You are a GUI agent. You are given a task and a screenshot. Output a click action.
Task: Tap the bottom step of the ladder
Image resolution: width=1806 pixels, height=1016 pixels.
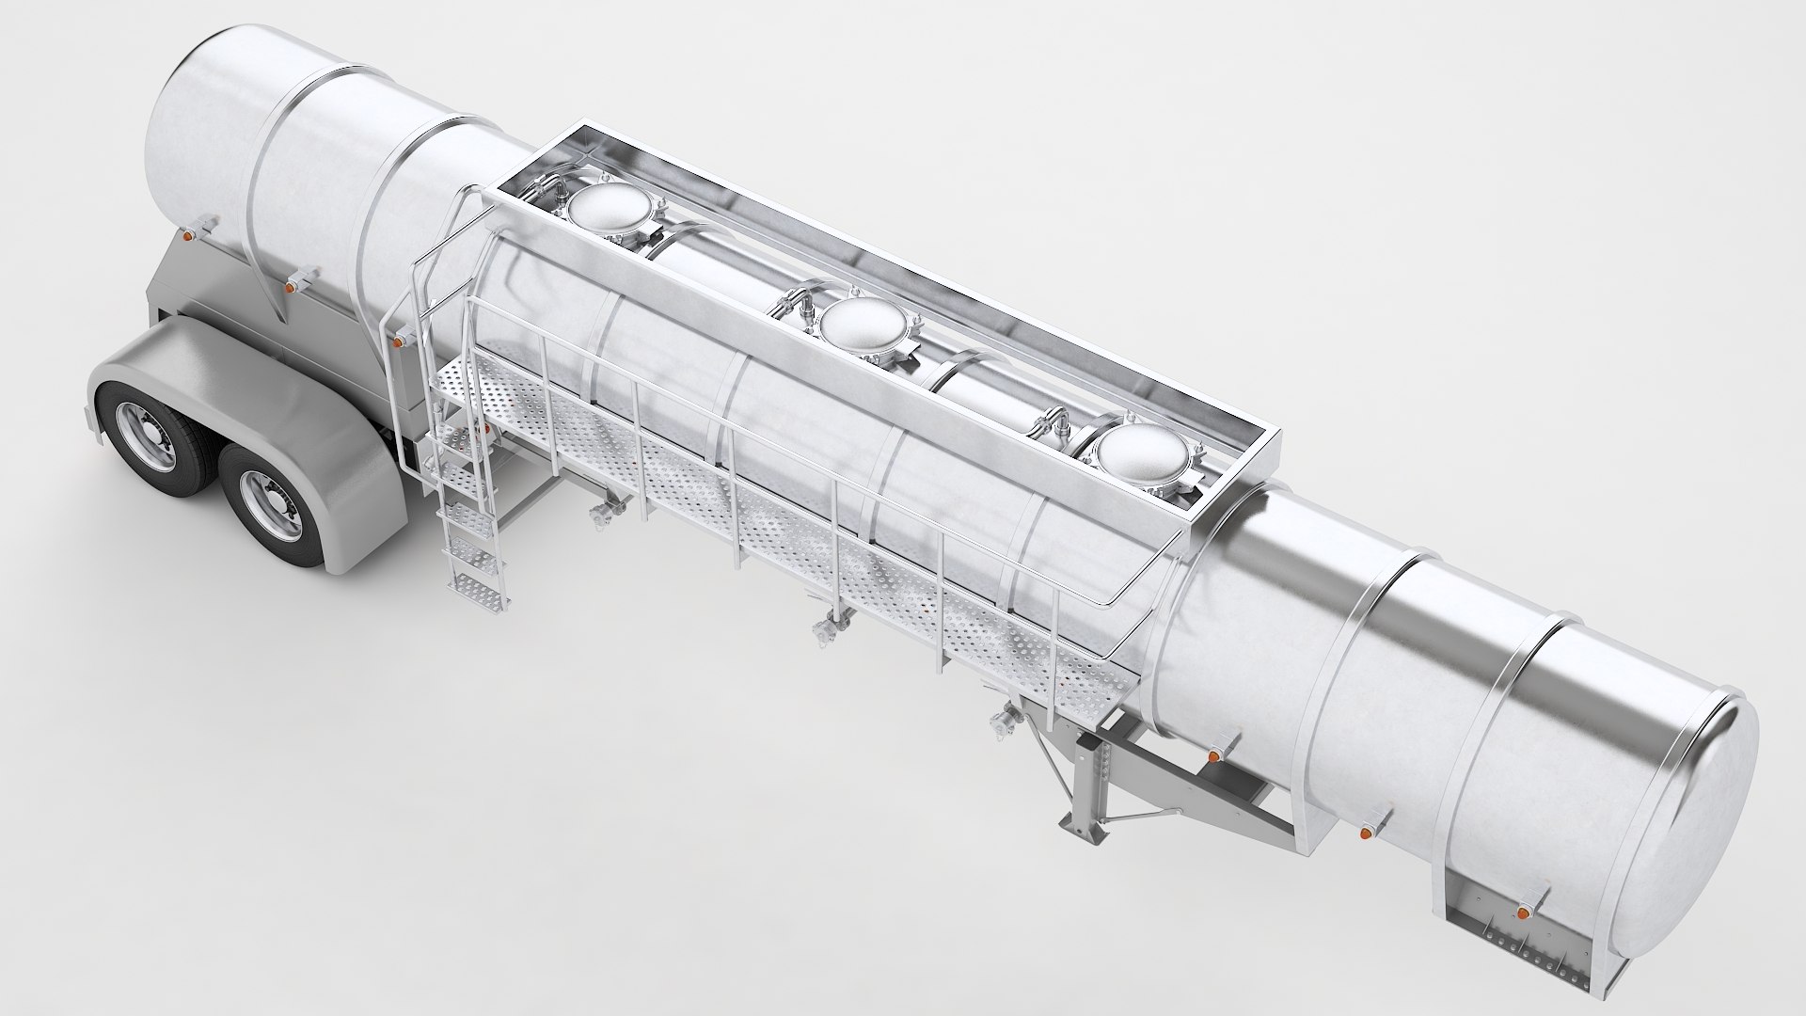(x=467, y=587)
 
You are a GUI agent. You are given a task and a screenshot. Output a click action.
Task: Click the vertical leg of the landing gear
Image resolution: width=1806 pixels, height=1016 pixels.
(x=1092, y=771)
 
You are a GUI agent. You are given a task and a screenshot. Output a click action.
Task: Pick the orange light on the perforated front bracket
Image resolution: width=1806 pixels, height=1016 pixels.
(x=1521, y=913)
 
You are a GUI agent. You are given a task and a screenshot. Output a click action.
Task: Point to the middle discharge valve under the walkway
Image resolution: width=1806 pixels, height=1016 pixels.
(x=826, y=631)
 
